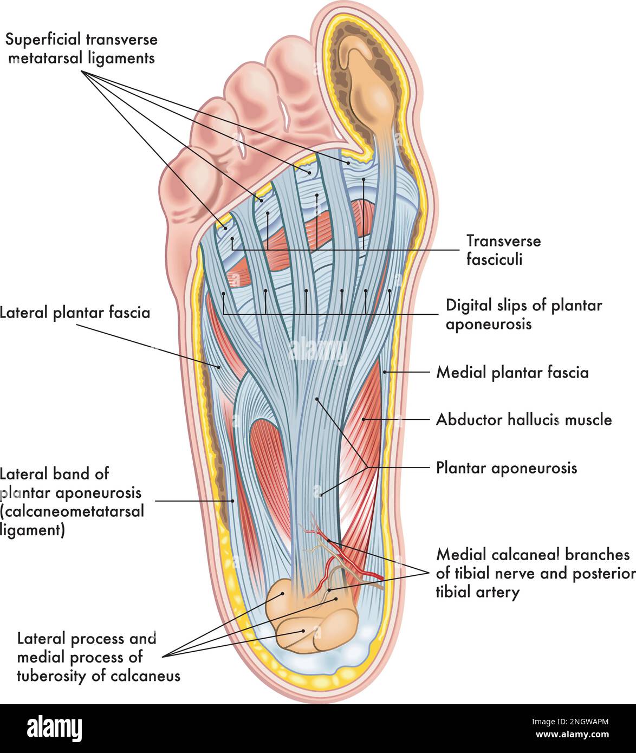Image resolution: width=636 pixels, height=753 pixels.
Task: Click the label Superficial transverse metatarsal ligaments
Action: pos(81,48)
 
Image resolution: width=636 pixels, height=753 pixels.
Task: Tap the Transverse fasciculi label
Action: pos(503,250)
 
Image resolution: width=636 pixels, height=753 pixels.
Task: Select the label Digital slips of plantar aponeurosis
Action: pos(523,314)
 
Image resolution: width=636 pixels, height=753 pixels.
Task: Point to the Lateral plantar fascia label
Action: pos(75,313)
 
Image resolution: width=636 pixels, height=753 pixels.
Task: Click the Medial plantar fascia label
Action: pos(512,372)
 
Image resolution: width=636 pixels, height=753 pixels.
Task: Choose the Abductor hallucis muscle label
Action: pos(524,419)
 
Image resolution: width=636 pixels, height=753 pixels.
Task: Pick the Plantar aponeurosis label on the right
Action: pos(507,468)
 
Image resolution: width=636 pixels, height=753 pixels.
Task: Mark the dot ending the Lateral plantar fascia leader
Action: pos(219,367)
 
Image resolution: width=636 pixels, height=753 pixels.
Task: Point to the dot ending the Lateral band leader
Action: pos(233,501)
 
